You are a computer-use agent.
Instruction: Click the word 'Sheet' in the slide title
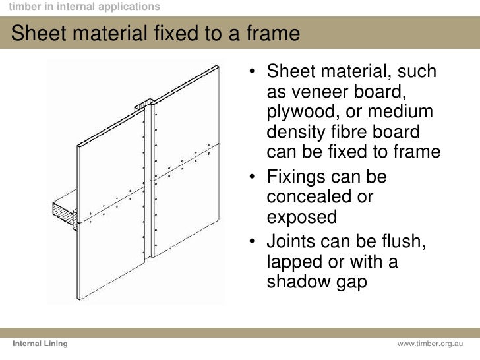click(39, 33)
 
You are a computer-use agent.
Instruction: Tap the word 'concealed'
click(311, 197)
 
